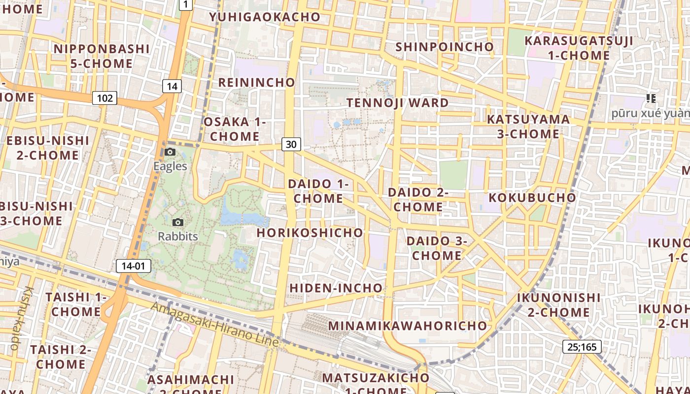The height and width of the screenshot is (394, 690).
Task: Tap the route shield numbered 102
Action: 104,98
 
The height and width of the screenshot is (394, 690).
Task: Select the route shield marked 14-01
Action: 134,266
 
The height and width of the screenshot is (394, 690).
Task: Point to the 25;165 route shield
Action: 582,347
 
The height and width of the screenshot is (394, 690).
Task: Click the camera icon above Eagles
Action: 170,152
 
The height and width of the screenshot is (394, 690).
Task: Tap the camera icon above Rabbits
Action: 178,223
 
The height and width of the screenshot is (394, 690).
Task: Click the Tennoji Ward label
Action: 398,103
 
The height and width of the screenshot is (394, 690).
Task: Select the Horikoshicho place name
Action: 310,232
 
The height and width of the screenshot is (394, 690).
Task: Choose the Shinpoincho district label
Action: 445,47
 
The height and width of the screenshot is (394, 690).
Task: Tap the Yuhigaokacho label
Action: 265,17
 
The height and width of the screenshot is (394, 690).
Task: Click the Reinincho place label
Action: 256,82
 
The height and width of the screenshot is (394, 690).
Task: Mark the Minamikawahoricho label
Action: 408,326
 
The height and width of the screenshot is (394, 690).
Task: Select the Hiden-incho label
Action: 336,288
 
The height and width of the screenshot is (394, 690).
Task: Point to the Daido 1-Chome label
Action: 318,191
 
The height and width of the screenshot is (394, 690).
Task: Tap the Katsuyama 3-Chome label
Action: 528,127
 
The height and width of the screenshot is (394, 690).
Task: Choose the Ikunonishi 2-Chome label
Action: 559,305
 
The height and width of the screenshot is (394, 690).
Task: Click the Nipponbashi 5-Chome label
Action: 101,56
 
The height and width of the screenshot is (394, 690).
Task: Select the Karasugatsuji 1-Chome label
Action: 579,48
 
